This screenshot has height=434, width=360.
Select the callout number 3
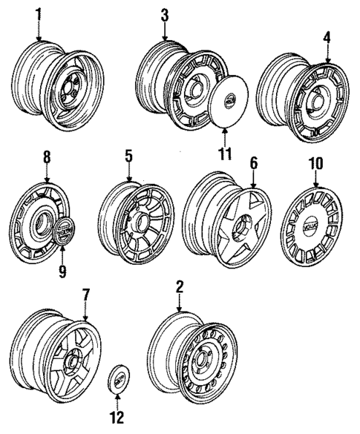point(164,14)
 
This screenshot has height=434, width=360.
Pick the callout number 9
point(62,271)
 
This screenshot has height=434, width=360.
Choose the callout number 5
point(129,157)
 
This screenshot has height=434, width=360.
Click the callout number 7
point(86,296)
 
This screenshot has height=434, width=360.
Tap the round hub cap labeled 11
point(231,100)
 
